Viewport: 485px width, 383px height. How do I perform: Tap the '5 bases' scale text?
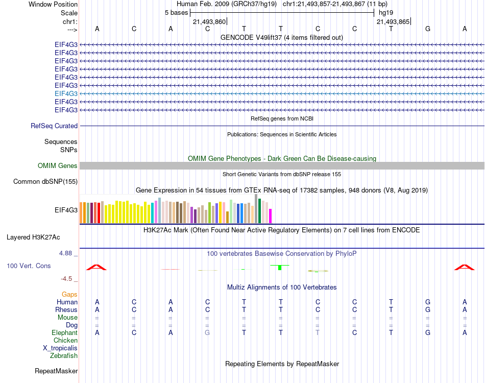[176, 12]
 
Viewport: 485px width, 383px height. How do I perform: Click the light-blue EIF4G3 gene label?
[66, 93]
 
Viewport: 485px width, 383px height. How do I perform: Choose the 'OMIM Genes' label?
[58, 165]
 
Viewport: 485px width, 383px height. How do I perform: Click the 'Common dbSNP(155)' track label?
[45, 181]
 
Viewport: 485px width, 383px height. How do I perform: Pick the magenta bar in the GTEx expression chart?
[271, 216]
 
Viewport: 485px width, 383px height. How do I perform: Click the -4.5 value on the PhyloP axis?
[69, 278]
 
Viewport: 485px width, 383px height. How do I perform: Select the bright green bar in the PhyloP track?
[280, 268]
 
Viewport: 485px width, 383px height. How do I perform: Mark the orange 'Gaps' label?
[69, 294]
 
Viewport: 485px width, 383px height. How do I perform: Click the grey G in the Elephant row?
[207, 332]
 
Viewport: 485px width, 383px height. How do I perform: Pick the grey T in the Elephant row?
[318, 332]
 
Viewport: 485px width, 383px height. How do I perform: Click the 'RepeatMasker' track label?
[56, 371]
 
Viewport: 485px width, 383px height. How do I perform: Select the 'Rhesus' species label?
[67, 309]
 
